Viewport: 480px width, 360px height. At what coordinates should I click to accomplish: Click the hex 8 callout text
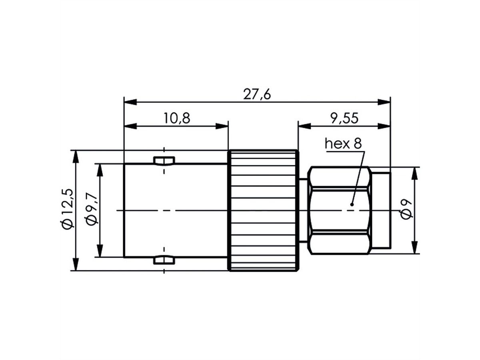[343, 144]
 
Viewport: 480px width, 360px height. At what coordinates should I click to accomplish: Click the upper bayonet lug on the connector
[164, 161]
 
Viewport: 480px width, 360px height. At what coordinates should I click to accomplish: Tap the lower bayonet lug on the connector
[164, 260]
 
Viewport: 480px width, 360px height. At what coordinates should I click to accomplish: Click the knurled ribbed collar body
[263, 210]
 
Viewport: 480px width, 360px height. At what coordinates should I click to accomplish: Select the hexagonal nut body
[339, 210]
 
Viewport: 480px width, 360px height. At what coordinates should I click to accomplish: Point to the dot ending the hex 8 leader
[352, 204]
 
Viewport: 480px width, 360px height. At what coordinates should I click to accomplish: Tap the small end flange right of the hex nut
[380, 210]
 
